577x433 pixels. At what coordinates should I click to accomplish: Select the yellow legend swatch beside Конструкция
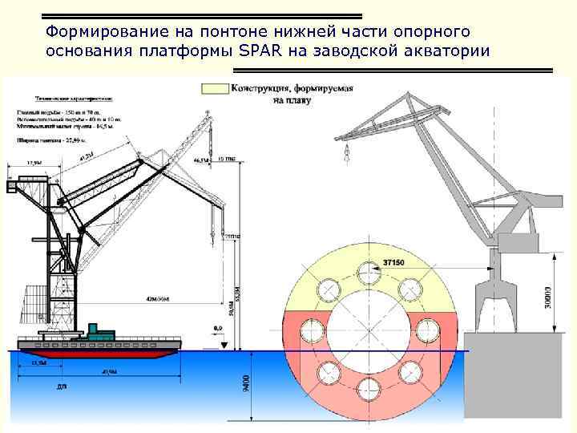click(216, 88)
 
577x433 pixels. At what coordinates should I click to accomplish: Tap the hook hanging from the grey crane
click(346, 152)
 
